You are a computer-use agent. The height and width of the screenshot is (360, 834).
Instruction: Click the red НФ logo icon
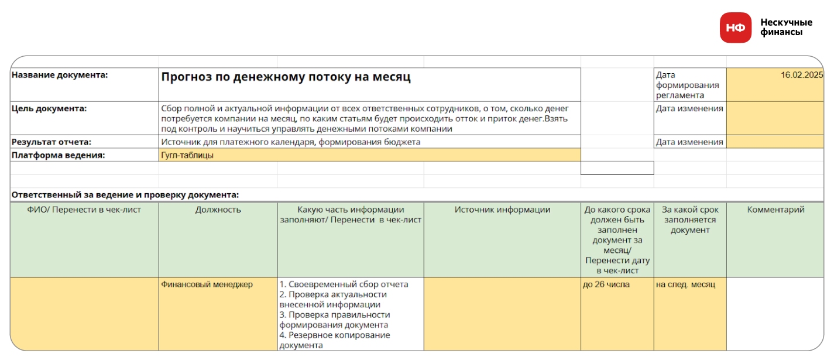pos(735,28)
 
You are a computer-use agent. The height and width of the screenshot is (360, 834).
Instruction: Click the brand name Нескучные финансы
pos(786,28)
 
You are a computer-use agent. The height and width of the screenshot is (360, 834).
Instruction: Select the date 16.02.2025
pos(801,75)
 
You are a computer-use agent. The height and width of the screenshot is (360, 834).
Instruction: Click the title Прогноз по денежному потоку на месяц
pos(286,77)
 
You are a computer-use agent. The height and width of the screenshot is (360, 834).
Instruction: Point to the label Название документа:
pos(60,75)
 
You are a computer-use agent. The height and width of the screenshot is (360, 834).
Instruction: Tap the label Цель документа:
pos(49,108)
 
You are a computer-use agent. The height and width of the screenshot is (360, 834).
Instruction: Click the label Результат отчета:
pos(52,142)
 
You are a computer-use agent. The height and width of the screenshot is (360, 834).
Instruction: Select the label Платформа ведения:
pos(58,155)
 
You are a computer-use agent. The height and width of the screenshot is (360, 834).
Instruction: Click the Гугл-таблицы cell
pos(187,155)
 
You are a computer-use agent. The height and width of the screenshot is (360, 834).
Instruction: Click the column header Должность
pos(218,210)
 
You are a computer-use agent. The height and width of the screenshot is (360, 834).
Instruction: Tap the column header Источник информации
pos(502,210)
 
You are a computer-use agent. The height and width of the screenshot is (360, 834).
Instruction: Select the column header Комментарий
pos(775,210)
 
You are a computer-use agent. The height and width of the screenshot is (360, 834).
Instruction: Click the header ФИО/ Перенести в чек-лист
pos(84,210)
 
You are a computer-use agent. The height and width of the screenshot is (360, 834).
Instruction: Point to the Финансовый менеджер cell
pos(207,284)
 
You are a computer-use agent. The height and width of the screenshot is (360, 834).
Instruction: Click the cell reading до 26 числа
pos(606,284)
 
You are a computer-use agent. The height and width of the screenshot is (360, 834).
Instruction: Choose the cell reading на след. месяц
pos(685,284)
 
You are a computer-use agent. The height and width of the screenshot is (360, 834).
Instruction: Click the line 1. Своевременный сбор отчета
pos(344,284)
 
